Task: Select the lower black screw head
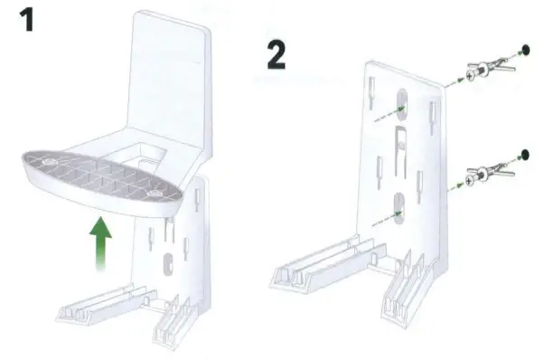coord(525,154)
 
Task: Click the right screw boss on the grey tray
coord(159,194)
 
